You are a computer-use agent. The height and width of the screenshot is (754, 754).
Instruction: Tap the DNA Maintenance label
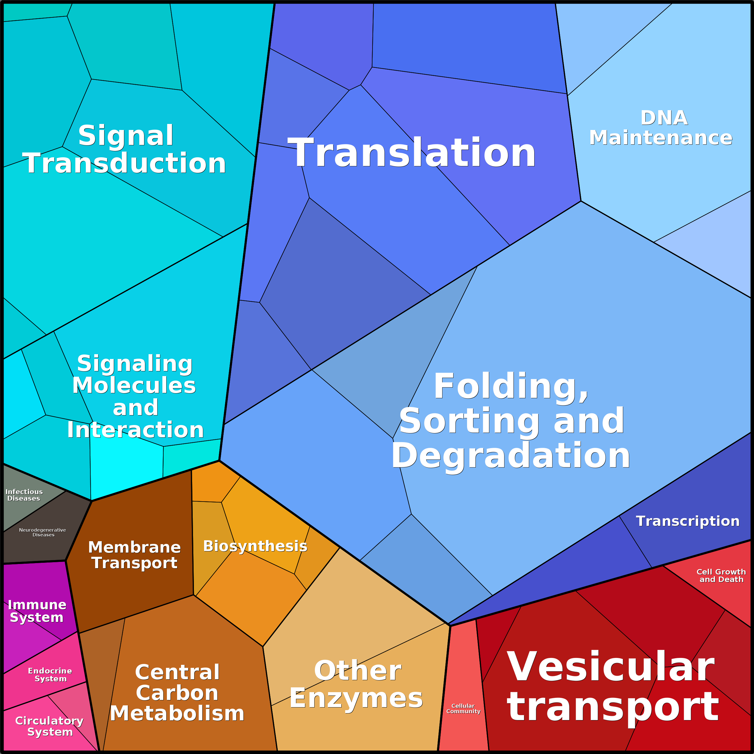[x=661, y=128]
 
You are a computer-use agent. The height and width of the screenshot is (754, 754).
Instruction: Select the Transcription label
[x=688, y=521]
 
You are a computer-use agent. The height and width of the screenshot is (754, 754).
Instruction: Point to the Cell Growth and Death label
[x=721, y=576]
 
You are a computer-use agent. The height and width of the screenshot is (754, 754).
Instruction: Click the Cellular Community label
[x=463, y=708]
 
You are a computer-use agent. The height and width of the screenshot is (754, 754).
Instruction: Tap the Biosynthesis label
[x=255, y=546]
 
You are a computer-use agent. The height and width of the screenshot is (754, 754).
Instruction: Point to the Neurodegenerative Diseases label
[x=43, y=532]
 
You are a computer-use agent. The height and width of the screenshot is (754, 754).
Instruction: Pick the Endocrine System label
[x=50, y=675]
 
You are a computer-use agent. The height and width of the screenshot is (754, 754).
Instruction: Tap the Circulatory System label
[x=50, y=726]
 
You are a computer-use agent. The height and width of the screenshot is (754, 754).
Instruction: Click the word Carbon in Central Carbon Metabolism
[x=177, y=693]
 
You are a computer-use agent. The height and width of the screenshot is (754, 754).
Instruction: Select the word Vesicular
[x=611, y=667]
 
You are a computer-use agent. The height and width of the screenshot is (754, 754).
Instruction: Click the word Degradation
[x=511, y=455]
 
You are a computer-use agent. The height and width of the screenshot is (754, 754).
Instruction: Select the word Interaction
[x=135, y=430]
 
